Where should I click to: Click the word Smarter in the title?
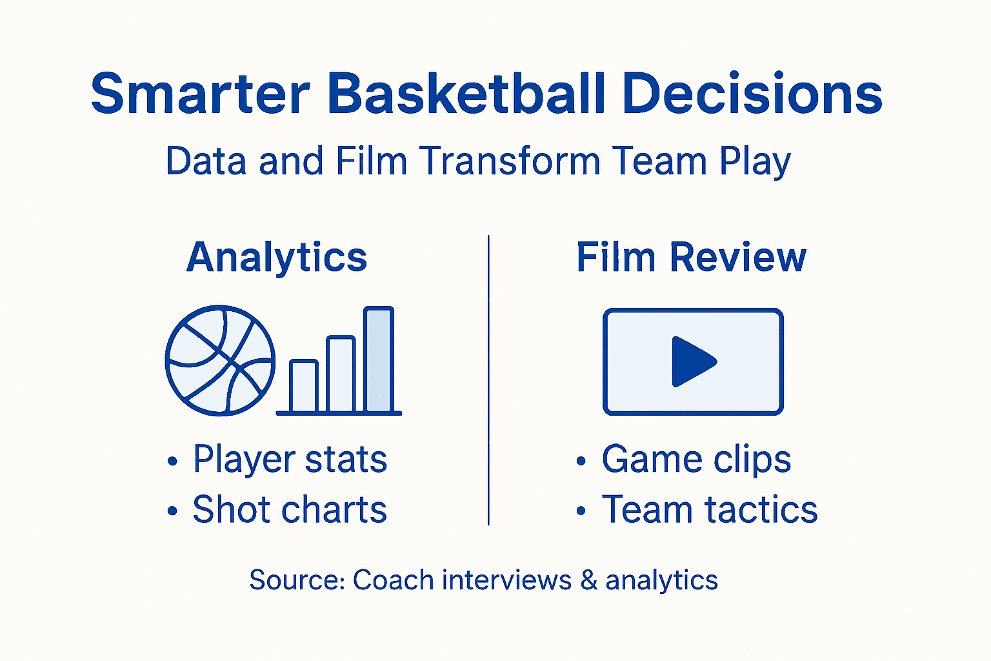(x=201, y=94)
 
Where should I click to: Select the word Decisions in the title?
(x=753, y=94)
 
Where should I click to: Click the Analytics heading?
(x=277, y=258)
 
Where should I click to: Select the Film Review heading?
(x=691, y=258)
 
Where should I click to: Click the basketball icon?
(x=220, y=360)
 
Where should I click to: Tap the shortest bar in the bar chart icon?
(x=303, y=386)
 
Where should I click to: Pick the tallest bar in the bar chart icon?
(x=379, y=360)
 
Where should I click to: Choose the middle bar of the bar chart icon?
(x=341, y=374)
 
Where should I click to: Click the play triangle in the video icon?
(x=692, y=361)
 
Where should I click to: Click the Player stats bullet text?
(x=290, y=460)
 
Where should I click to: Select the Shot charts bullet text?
(x=290, y=510)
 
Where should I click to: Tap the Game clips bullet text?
(x=696, y=460)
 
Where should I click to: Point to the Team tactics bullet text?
(x=710, y=510)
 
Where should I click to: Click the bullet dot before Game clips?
(x=581, y=461)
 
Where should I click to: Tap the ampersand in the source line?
(x=588, y=580)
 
